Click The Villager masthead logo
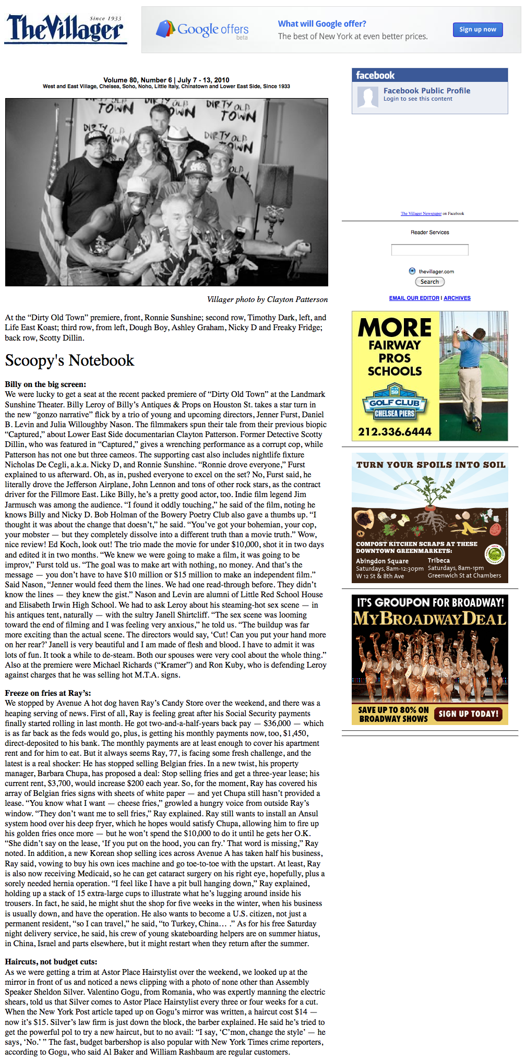coord(66,29)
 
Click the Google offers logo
coord(202,30)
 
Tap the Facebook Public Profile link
coord(427,91)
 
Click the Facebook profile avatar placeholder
coord(368,98)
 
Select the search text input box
coord(429,250)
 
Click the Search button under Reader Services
coord(429,282)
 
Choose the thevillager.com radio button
coord(412,271)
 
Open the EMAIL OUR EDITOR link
coord(414,298)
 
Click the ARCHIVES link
coord(457,298)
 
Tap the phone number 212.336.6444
coord(394,432)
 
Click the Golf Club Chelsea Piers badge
coord(394,403)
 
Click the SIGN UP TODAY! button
coord(469,714)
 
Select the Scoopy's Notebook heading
coord(69,360)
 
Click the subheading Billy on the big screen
coord(45,384)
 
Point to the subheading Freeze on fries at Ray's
coord(48,693)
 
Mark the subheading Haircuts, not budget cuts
coord(51,962)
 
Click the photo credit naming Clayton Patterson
coord(267,299)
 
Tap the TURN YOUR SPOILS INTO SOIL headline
coord(431,465)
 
